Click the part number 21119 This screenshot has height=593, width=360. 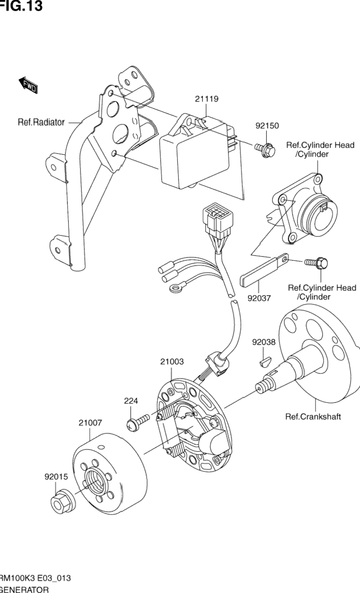tap(206, 99)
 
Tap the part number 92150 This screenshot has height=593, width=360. tap(267, 126)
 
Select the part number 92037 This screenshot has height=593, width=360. tap(259, 298)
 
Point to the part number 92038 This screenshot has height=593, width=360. tap(263, 342)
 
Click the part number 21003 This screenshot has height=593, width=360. tap(172, 362)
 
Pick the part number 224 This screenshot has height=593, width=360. tap(131, 401)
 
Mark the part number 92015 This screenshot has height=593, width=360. tap(56, 478)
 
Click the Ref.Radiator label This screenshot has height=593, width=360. tap(41, 122)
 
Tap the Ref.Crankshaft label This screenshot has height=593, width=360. tap(313, 417)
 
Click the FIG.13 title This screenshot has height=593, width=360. tap(21, 6)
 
